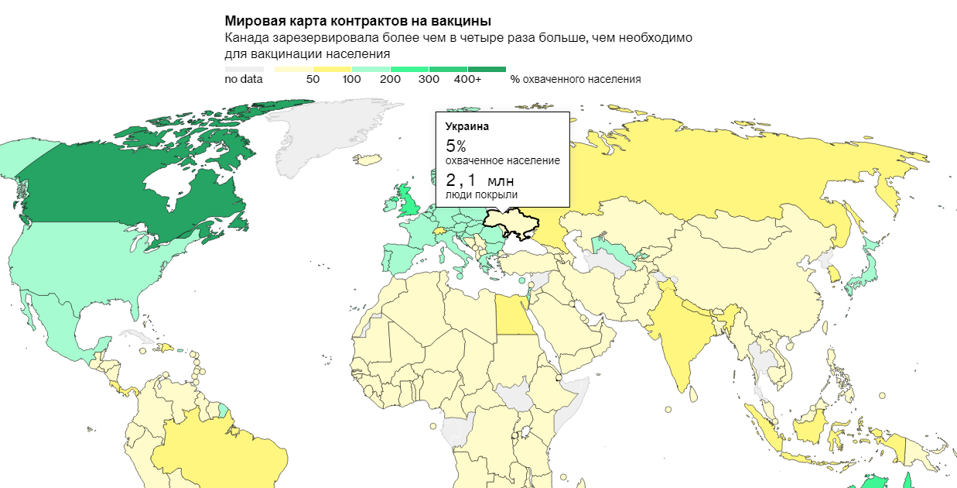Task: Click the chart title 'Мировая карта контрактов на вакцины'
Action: [357, 21]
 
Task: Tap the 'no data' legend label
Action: [244, 79]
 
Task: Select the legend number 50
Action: [313, 79]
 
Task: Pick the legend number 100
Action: [351, 79]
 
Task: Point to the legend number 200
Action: [390, 79]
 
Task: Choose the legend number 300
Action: [429, 79]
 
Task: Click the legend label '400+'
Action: [467, 79]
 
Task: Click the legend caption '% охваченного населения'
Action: [576, 79]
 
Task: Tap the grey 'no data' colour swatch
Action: [244, 70]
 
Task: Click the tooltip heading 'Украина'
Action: [467, 125]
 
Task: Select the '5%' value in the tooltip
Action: [456, 146]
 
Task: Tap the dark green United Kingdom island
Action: [409, 203]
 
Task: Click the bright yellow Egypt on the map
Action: [513, 318]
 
